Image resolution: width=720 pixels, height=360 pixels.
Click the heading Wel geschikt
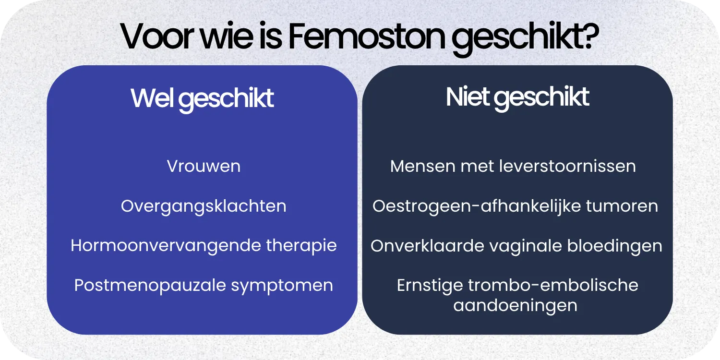tap(202, 98)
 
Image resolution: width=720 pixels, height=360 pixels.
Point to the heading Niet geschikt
tap(517, 97)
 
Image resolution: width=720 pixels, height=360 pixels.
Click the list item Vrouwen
tap(204, 167)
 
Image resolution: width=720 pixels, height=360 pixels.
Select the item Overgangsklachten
tap(204, 206)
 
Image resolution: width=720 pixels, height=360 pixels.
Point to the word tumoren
tap(622, 206)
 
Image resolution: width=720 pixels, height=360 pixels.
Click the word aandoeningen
tap(515, 306)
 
